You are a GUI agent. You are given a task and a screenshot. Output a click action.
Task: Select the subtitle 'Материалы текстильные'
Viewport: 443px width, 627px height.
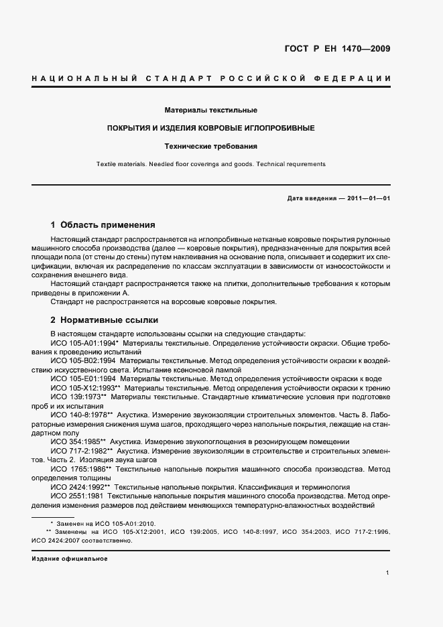211,109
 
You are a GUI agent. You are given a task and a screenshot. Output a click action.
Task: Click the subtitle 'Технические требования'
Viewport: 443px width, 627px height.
211,145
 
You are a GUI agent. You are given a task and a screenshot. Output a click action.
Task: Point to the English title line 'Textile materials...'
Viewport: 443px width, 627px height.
211,163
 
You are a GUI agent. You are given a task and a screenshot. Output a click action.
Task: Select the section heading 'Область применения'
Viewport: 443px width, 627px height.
108,225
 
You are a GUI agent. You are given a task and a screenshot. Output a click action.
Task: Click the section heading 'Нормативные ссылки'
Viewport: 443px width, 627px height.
109,320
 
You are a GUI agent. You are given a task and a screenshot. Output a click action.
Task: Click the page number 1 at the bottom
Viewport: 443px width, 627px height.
388,573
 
